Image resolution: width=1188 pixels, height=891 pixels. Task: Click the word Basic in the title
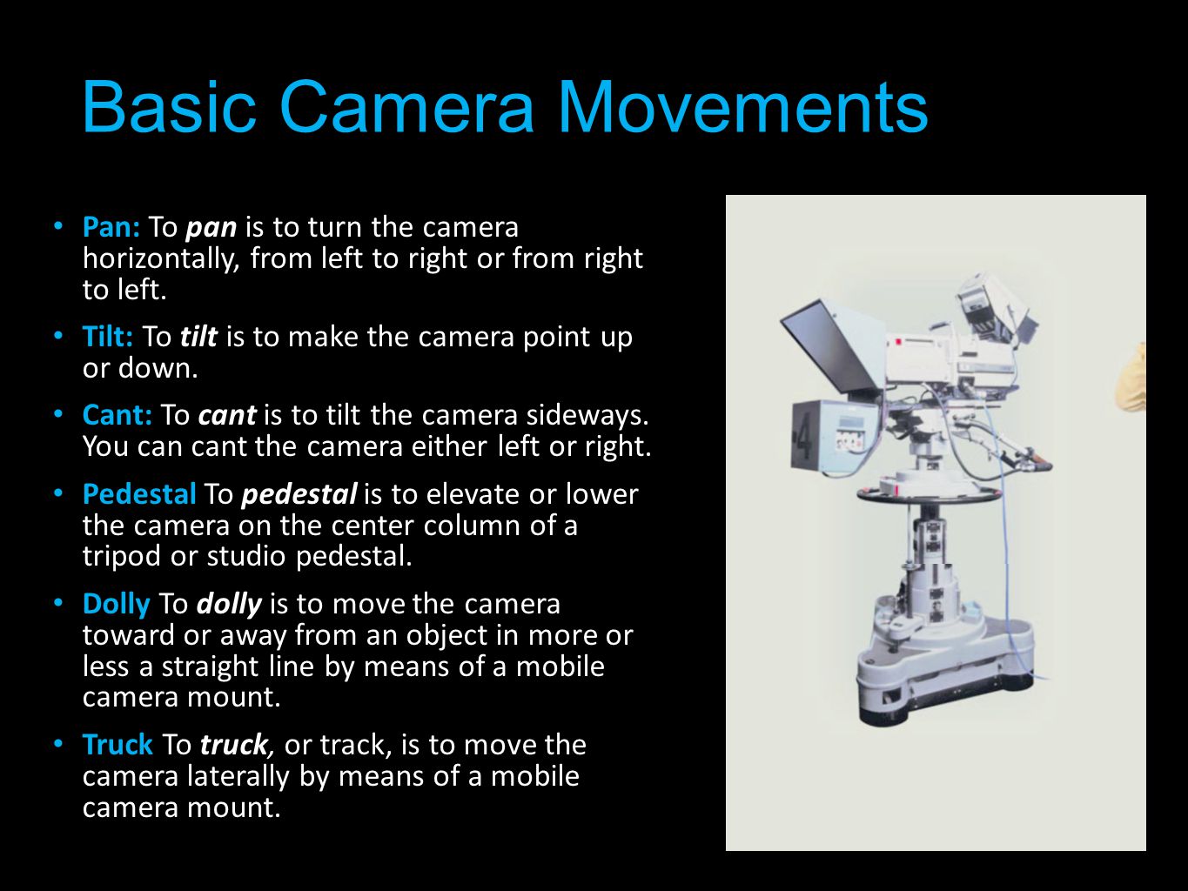click(x=169, y=106)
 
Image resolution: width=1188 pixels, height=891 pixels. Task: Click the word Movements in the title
click(x=743, y=106)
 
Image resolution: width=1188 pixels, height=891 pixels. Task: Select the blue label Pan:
click(x=111, y=228)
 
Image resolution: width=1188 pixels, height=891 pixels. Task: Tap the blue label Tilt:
click(x=108, y=337)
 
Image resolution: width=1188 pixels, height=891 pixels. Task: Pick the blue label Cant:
click(x=117, y=415)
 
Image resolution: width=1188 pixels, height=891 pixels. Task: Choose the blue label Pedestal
click(x=139, y=494)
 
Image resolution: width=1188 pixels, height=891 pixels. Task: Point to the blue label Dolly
click(x=117, y=605)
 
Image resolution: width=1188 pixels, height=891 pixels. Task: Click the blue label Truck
click(x=118, y=745)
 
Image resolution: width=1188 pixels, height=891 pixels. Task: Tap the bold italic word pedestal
click(x=299, y=495)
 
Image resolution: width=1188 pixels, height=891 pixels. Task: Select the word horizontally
click(x=161, y=259)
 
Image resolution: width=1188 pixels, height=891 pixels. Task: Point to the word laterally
click(x=238, y=777)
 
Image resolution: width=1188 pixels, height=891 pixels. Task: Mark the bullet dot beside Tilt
click(x=58, y=336)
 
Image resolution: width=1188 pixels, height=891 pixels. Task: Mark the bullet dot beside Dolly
click(x=58, y=603)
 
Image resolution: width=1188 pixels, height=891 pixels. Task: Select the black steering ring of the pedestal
click(x=930, y=494)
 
